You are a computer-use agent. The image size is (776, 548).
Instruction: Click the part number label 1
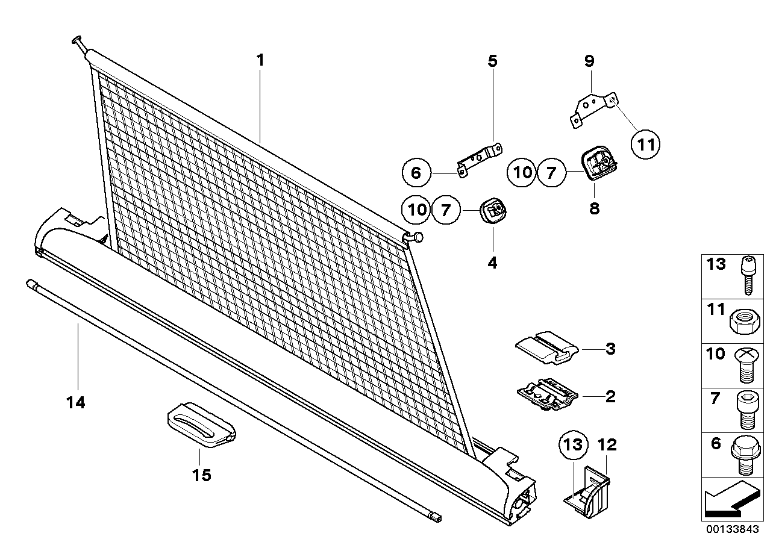pyautogui.click(x=260, y=60)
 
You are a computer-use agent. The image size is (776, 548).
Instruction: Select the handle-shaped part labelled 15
pyautogui.click(x=201, y=426)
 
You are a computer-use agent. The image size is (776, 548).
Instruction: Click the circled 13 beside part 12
pyautogui.click(x=574, y=446)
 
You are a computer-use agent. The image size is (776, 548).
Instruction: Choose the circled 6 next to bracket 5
pyautogui.click(x=416, y=173)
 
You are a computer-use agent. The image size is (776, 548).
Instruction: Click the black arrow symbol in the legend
pyautogui.click(x=730, y=499)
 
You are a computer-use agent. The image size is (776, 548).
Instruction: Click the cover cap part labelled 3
pyautogui.click(x=547, y=348)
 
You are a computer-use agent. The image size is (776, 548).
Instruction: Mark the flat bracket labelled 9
pyautogui.click(x=593, y=107)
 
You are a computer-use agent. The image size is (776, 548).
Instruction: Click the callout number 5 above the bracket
pyautogui.click(x=492, y=60)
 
